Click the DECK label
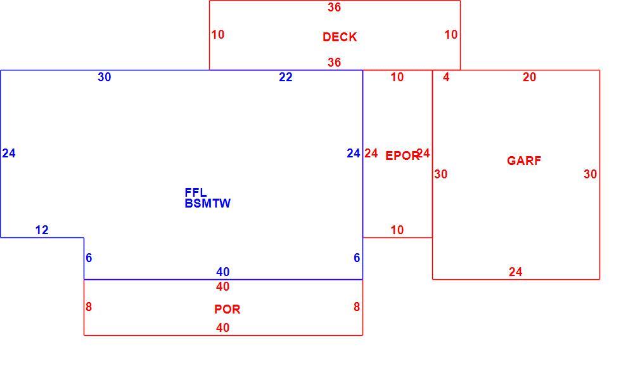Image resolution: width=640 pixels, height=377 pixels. click(340, 37)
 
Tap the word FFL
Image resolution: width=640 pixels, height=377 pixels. click(196, 192)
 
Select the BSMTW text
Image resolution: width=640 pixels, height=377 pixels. click(207, 203)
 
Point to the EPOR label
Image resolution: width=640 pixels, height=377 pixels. click(402, 155)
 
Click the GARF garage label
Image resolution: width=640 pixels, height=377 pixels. click(524, 161)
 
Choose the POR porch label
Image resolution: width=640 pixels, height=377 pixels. click(227, 310)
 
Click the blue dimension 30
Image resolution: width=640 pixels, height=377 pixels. click(105, 77)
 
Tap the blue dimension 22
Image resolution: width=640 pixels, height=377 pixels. click(286, 77)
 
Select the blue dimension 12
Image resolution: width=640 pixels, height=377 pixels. click(42, 230)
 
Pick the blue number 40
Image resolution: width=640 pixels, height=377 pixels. click(223, 272)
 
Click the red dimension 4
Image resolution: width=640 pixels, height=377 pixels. click(446, 77)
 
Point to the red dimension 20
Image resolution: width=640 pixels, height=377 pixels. click(529, 77)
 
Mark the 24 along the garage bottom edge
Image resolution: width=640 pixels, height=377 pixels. click(516, 272)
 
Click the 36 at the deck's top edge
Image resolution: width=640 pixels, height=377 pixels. click(335, 8)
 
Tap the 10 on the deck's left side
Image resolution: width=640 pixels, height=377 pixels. click(218, 35)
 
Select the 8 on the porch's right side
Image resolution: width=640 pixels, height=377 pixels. click(357, 307)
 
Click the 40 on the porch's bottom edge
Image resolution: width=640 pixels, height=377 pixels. click(223, 328)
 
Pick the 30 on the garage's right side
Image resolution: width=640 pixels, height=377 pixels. click(590, 175)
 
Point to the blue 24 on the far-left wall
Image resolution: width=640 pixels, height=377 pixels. click(9, 154)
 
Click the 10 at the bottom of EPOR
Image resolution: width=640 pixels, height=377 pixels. click(397, 230)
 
